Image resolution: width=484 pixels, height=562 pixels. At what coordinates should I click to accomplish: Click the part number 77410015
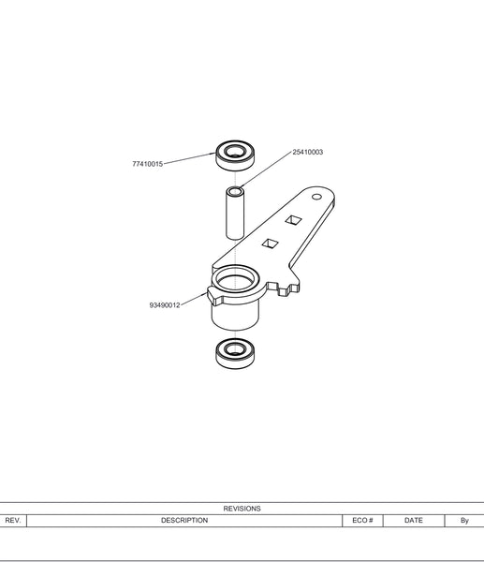click(x=148, y=164)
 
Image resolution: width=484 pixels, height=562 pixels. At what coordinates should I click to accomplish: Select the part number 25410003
click(x=308, y=152)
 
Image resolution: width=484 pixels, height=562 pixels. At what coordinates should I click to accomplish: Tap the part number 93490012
click(x=165, y=305)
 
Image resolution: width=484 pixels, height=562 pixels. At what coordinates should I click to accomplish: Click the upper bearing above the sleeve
click(x=235, y=155)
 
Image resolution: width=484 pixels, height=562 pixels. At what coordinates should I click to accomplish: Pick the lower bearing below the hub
click(x=235, y=353)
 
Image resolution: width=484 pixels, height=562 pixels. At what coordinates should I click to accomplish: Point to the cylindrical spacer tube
click(x=235, y=213)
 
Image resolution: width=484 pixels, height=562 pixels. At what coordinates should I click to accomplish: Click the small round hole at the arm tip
click(x=316, y=197)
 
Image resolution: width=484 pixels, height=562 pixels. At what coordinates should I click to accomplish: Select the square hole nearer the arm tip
click(x=293, y=220)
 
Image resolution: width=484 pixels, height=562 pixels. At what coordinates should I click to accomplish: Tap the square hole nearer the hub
click(x=271, y=244)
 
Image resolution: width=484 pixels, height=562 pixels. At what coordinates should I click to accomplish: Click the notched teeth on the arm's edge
click(x=287, y=288)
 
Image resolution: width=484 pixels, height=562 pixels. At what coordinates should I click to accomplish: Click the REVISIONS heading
click(x=242, y=509)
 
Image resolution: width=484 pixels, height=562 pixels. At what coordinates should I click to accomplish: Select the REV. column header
click(x=13, y=521)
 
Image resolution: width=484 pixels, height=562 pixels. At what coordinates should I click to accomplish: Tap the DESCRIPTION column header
click(x=184, y=521)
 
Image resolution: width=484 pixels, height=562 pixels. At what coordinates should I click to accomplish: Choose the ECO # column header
click(x=362, y=521)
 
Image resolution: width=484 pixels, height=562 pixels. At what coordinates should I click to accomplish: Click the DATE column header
click(x=414, y=521)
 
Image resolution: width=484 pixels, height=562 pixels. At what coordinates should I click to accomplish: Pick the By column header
click(x=464, y=521)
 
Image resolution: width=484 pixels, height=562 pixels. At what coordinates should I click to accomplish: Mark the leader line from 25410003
click(x=266, y=170)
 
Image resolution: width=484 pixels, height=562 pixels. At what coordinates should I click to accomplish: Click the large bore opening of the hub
click(x=235, y=279)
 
